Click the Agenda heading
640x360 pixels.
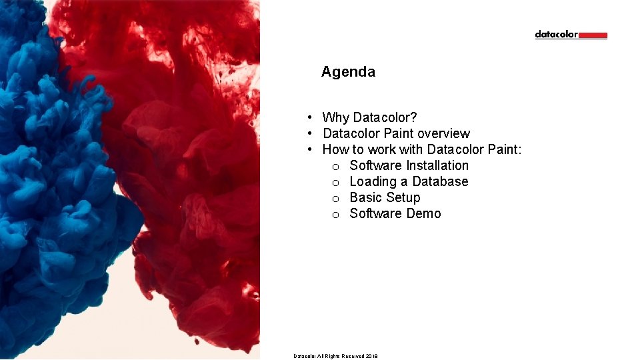click(348, 72)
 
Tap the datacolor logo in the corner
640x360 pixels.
click(571, 35)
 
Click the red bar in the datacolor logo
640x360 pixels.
click(593, 35)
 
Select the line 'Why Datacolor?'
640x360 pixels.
click(369, 118)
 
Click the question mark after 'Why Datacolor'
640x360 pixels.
click(414, 118)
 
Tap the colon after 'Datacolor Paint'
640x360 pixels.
click(519, 150)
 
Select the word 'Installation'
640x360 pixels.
click(437, 165)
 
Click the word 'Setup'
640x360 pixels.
click(403, 198)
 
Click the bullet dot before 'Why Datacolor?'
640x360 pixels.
click(311, 118)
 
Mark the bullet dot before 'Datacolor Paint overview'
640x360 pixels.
click(311, 134)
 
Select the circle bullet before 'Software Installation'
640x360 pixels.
click(336, 167)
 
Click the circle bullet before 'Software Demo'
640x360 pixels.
click(336, 215)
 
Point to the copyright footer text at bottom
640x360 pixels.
click(335, 356)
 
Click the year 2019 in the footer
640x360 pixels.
click(371, 356)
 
